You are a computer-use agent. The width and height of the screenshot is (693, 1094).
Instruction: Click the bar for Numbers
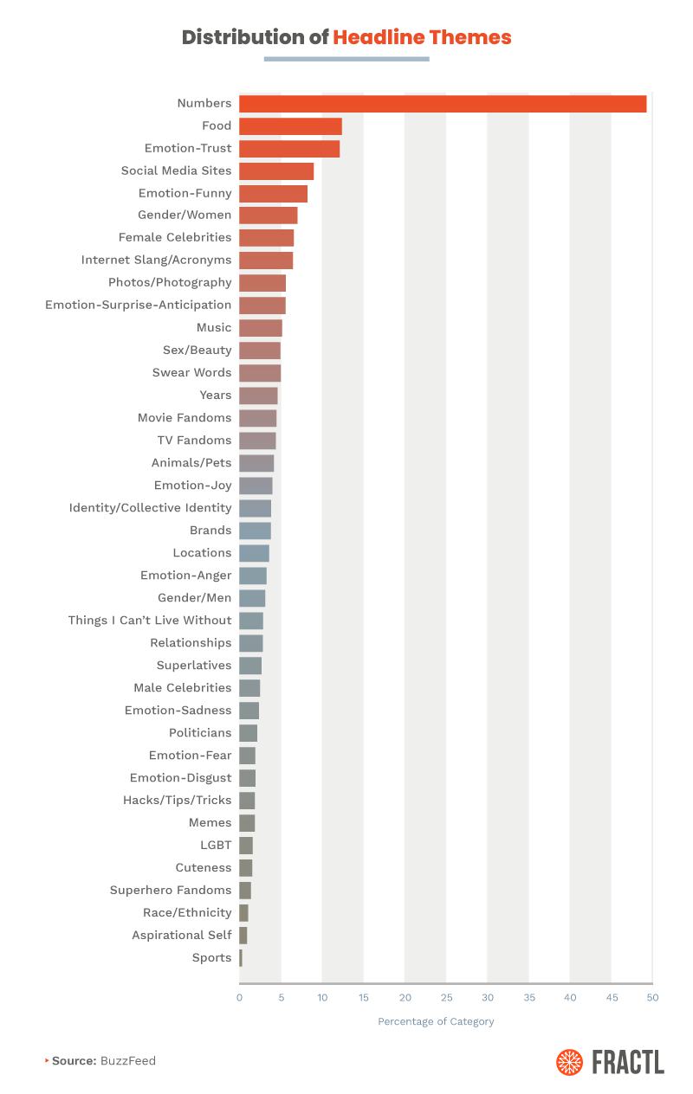coord(443,104)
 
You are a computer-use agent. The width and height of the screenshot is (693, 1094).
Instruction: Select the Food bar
coord(290,126)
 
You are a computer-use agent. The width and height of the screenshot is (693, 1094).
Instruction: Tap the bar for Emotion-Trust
coord(289,149)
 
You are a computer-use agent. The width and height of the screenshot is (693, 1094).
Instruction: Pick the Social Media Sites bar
coord(276,171)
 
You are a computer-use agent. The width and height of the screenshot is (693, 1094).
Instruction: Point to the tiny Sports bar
coord(241,958)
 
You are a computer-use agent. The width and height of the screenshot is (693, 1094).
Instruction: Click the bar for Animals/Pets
coord(256,463)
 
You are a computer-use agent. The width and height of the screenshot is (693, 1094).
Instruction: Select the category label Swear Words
coord(191,372)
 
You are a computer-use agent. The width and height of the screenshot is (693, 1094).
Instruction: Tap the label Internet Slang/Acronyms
coord(156,260)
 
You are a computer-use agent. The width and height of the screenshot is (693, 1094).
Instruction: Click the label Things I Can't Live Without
coord(150,620)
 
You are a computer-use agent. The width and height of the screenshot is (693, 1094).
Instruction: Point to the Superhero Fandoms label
coord(171,890)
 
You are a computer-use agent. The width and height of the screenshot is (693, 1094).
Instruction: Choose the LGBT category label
coord(216,845)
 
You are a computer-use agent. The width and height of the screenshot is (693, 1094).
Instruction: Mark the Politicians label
coord(200,732)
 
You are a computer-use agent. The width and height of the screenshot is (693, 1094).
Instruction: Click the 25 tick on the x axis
coord(446,998)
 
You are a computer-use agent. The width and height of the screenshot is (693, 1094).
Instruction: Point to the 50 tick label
coord(652,998)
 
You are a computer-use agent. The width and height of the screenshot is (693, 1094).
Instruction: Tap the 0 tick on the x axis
coord(240,998)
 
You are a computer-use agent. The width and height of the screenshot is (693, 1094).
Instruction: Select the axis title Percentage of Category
coord(436,1021)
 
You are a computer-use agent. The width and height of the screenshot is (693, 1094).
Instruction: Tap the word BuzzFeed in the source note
coord(128,1060)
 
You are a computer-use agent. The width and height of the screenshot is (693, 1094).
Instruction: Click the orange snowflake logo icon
coord(570,1062)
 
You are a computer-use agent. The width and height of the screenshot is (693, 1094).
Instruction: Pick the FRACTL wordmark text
coord(628,1062)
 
